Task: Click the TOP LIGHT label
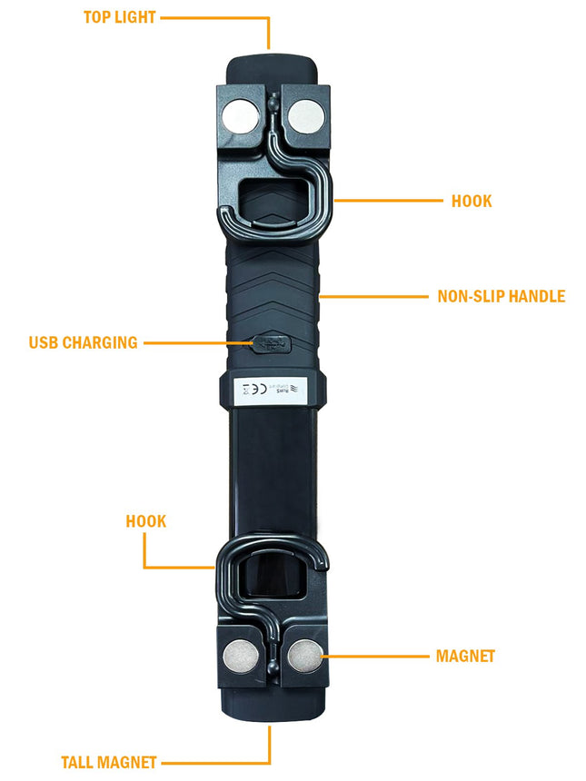coord(119,17)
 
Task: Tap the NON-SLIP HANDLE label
coord(501,296)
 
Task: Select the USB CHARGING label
coord(83,343)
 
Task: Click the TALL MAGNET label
coord(109,763)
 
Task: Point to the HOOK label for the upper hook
coord(472,201)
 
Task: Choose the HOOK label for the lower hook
coord(146,521)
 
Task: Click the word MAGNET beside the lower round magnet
coord(465,656)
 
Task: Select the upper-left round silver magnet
coord(241,115)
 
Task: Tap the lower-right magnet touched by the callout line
coord(303,656)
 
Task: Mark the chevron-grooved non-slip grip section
coord(273,282)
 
